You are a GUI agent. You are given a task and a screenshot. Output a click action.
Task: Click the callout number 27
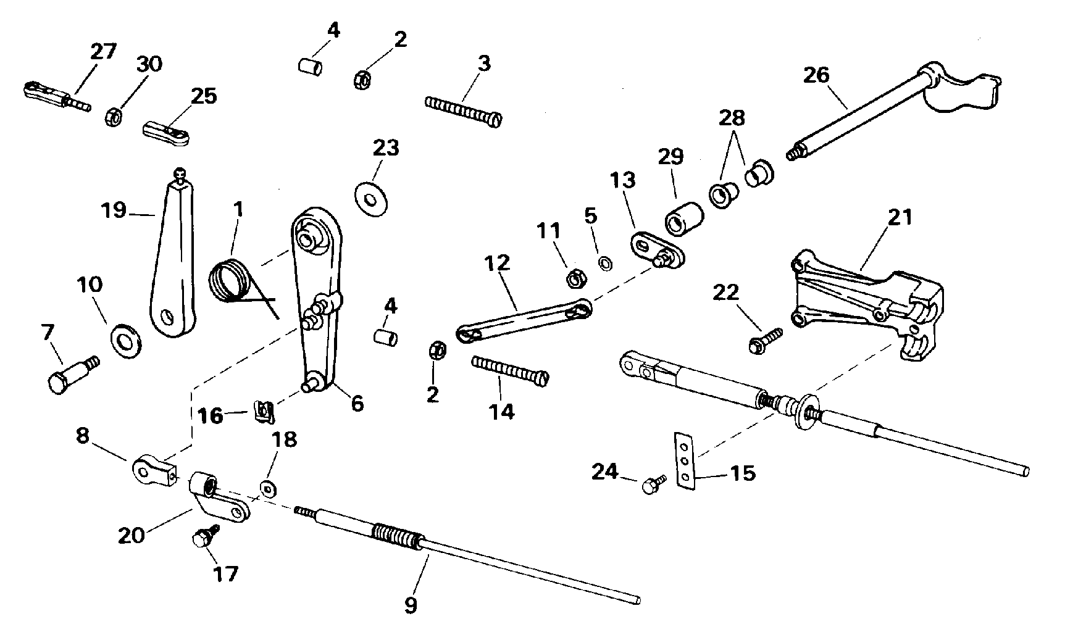[x=104, y=51]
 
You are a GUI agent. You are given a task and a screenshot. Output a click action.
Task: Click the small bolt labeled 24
[x=654, y=484]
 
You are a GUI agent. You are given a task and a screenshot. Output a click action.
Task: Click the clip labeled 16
[x=264, y=412]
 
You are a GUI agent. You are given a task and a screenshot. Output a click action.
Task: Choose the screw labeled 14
[x=510, y=370]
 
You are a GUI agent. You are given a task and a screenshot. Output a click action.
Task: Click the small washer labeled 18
[x=269, y=488]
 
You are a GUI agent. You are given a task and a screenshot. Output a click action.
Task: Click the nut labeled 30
[x=114, y=115]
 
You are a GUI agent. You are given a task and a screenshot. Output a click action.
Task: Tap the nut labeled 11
[x=575, y=278]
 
